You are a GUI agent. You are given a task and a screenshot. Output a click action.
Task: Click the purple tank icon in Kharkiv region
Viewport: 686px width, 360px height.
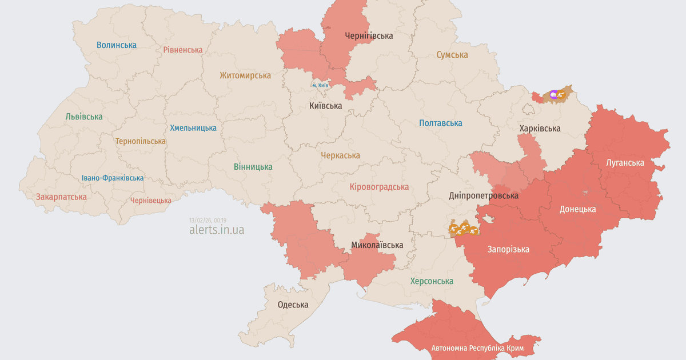pyautogui.click(x=553, y=94)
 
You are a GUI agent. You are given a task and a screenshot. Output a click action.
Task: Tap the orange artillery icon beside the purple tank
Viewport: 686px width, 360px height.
pyautogui.click(x=563, y=94)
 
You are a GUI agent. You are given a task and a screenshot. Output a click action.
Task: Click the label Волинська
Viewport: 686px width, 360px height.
pyautogui.click(x=117, y=45)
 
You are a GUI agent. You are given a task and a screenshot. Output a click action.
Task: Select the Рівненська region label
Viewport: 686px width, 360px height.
pyautogui.click(x=182, y=50)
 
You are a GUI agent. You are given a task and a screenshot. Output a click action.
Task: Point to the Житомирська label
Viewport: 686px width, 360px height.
pyautogui.click(x=245, y=75)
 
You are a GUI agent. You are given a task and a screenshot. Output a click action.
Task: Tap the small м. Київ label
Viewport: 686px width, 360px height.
pyautogui.click(x=320, y=85)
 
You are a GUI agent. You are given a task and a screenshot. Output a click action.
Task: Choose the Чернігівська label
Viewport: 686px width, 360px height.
pyautogui.click(x=369, y=35)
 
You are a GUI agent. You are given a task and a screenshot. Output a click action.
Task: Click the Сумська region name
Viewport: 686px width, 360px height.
pyautogui.click(x=452, y=55)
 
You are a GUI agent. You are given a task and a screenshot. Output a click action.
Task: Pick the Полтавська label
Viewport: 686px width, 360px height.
pyautogui.click(x=440, y=123)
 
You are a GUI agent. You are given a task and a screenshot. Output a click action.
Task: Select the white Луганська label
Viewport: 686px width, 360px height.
pyautogui.click(x=625, y=162)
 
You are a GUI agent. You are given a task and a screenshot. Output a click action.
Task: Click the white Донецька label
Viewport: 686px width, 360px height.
pyautogui.click(x=577, y=209)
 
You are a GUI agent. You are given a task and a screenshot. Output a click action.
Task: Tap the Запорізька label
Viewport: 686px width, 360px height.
pyautogui.click(x=508, y=249)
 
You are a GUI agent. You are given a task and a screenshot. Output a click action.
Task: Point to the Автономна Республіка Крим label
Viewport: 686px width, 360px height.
pyautogui.click(x=478, y=348)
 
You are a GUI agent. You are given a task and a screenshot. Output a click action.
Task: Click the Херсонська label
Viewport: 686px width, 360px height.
pyautogui.click(x=432, y=281)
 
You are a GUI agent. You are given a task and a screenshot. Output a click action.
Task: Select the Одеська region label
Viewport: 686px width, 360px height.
pyautogui.click(x=293, y=305)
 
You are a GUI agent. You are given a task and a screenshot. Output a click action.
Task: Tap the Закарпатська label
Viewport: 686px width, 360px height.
pyautogui.click(x=61, y=197)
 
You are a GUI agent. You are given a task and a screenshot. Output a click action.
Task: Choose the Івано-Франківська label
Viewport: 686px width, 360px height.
pyautogui.click(x=112, y=178)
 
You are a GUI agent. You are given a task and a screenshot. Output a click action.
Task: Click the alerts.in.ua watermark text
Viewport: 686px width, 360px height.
pyautogui.click(x=217, y=230)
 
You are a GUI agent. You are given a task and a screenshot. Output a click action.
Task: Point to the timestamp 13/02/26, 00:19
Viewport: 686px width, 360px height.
pyautogui.click(x=208, y=220)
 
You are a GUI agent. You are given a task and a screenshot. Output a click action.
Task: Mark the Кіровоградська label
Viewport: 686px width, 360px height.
pyautogui.click(x=379, y=187)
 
